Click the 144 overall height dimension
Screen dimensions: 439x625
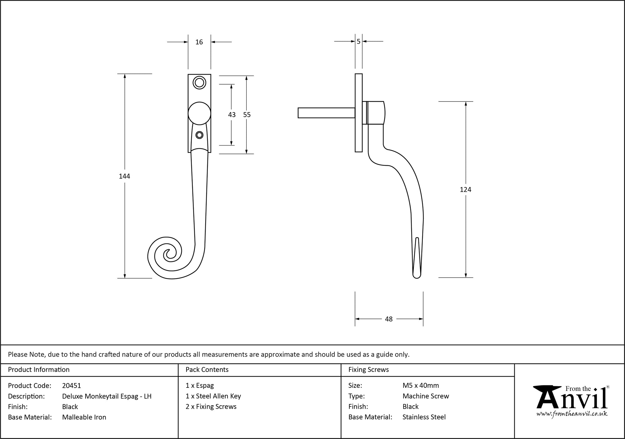pos(124,176)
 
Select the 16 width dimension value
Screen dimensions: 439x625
pos(199,42)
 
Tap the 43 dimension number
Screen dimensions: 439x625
pos(232,115)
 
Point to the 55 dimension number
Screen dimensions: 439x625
pos(247,115)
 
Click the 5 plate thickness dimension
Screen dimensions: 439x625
pos(358,41)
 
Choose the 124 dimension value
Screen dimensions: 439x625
pos(465,189)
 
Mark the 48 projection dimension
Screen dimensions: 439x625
pos(388,319)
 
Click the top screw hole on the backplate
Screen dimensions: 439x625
pos(199,83)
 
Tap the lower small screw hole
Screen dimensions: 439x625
pos(199,135)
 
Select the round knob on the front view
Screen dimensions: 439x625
pos(199,113)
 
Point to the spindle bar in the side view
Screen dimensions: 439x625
pos(326,113)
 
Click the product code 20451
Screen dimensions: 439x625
pos(72,386)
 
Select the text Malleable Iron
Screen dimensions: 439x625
pos(84,417)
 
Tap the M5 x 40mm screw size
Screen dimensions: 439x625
pos(421,385)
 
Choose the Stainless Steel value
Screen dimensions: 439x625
pos(424,417)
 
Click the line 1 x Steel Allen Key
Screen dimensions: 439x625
pos(213,396)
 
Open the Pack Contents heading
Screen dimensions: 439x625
pos(207,369)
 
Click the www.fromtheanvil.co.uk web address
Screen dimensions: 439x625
pos(572,414)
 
